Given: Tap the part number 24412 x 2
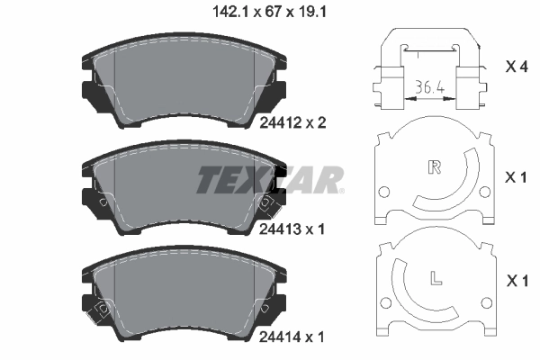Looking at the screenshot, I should pyautogui.click(x=291, y=123).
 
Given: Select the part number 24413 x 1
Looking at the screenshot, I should pyautogui.click(x=291, y=229).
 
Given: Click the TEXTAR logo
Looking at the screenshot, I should pyautogui.click(x=270, y=180).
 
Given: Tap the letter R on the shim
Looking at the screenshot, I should pyautogui.click(x=435, y=166).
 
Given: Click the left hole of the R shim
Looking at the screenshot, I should pyautogui.click(x=384, y=192).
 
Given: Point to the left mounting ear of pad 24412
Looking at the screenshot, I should pyautogui.click(x=90, y=94).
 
